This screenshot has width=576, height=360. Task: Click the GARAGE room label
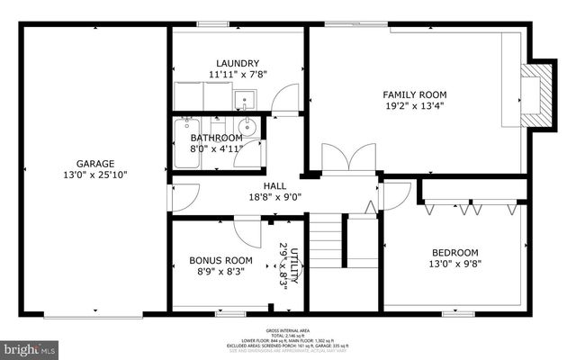94,164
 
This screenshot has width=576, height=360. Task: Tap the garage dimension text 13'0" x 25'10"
94,175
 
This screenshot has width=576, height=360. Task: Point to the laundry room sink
245,100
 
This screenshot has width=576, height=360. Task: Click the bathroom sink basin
248,127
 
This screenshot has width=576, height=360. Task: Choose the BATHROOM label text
216,138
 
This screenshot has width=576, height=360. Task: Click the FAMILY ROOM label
415,94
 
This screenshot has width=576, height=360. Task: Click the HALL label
274,185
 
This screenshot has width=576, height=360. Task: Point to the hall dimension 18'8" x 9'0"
274,197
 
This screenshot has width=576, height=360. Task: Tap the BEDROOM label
455,253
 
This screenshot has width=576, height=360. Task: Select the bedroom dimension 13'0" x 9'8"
455,265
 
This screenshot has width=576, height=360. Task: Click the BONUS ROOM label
220,261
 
